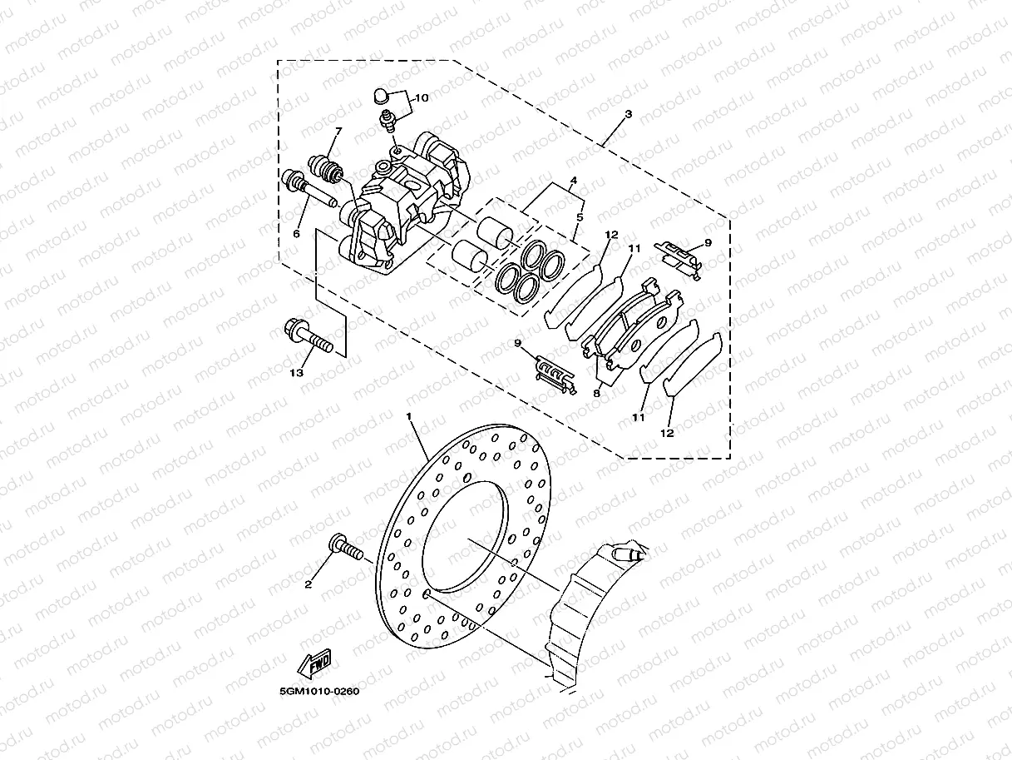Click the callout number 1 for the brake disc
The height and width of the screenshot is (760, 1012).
tap(409, 415)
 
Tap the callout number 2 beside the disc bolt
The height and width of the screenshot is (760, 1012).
tap(308, 584)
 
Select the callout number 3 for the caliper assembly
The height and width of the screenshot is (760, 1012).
tap(628, 113)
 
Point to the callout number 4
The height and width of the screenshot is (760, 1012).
tap(573, 181)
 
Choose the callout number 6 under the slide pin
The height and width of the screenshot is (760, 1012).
tap(295, 234)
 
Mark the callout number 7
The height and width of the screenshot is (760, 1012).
tap(338, 132)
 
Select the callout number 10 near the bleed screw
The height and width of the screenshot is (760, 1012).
tap(422, 98)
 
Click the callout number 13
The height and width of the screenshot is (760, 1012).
tap(296, 373)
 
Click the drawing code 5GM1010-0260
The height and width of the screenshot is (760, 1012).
tap(319, 690)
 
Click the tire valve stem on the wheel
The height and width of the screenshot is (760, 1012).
tap(625, 553)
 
